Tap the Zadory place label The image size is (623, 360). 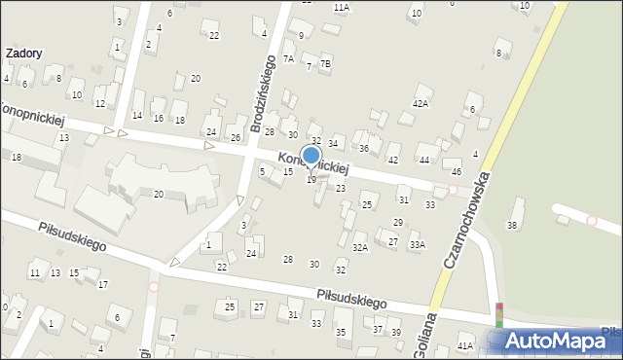[23, 54]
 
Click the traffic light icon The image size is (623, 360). [499, 314]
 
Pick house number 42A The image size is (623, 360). [421, 102]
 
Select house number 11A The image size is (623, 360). [341, 7]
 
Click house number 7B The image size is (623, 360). [326, 64]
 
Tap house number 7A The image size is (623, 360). [288, 58]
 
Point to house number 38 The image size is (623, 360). [512, 226]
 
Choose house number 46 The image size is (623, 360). [457, 171]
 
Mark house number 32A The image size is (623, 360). [360, 248]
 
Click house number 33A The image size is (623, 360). [417, 245]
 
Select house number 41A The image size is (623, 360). [464, 345]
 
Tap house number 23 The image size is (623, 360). [341, 188]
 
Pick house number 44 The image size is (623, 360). [424, 160]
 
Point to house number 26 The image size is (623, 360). [235, 137]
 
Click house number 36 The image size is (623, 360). [364, 148]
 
